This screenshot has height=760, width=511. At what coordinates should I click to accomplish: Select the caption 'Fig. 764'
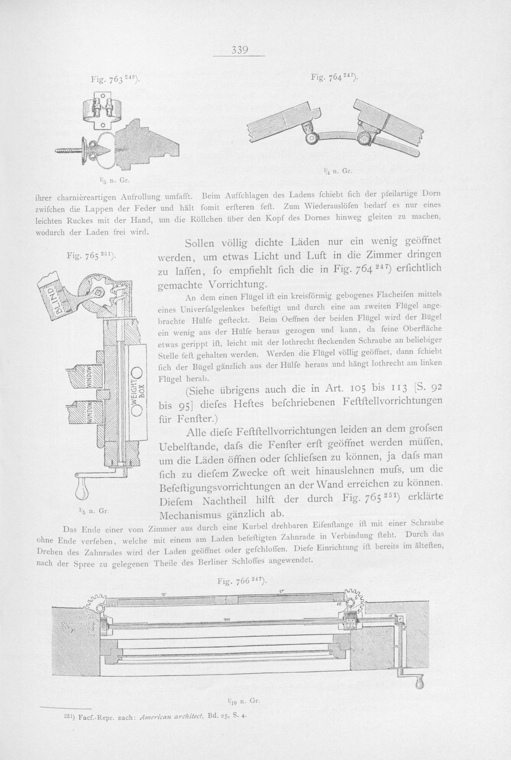click(334, 77)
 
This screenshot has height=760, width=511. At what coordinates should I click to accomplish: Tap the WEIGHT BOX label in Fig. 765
click(140, 391)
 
